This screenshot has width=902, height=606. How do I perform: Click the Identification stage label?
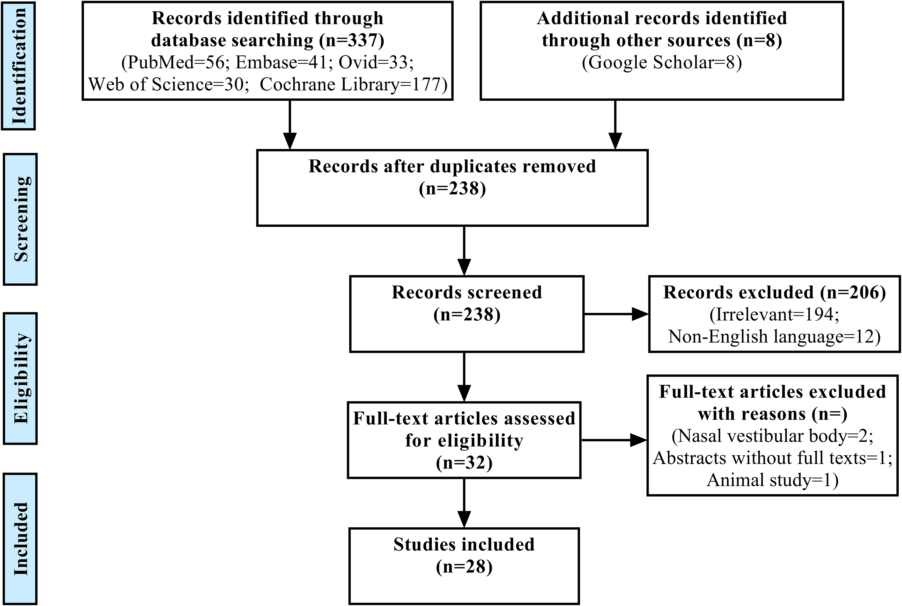coord(19,66)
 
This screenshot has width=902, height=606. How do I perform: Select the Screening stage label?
coord(20,219)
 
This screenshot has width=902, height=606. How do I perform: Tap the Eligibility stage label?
coord(20,378)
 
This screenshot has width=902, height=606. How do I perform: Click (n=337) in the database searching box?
coord(352,40)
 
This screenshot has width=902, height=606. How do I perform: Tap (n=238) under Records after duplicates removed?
coord(452,189)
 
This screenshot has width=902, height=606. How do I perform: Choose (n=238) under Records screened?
coord(467,315)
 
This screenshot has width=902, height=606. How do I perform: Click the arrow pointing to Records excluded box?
coord(616,314)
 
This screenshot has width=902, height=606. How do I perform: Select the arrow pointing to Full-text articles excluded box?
coord(614,440)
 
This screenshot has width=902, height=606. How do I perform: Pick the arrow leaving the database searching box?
coord(290,125)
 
